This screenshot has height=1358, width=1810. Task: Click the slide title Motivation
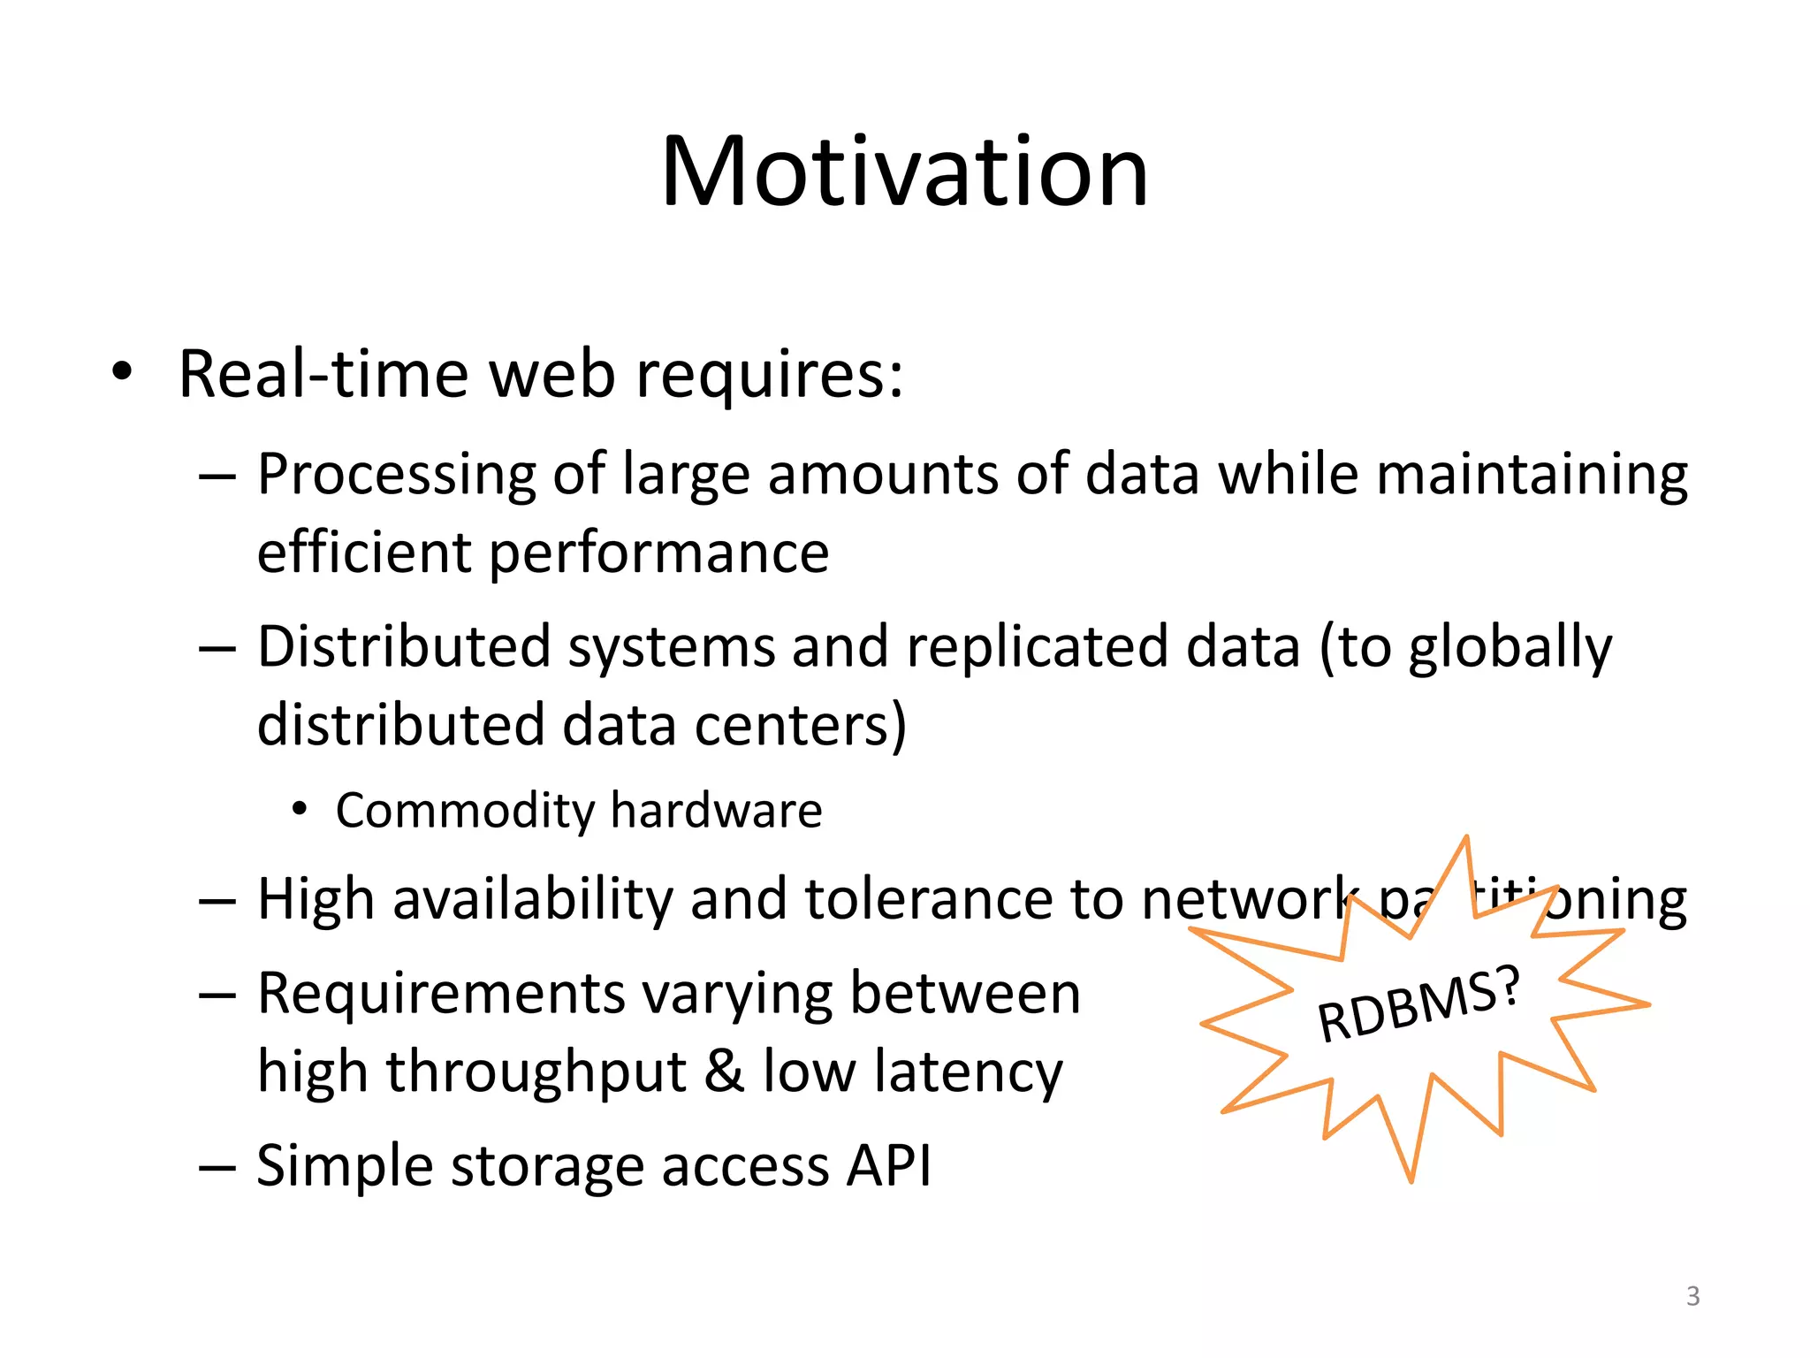(x=904, y=172)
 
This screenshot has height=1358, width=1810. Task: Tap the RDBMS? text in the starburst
(x=1418, y=1004)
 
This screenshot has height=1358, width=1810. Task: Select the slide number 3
(x=1692, y=1296)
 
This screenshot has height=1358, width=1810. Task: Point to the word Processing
(x=397, y=476)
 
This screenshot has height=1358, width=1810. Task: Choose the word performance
(x=658, y=553)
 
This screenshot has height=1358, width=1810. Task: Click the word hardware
(x=716, y=810)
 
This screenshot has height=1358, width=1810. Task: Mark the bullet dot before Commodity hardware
(x=300, y=809)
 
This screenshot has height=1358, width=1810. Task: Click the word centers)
(x=800, y=725)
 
